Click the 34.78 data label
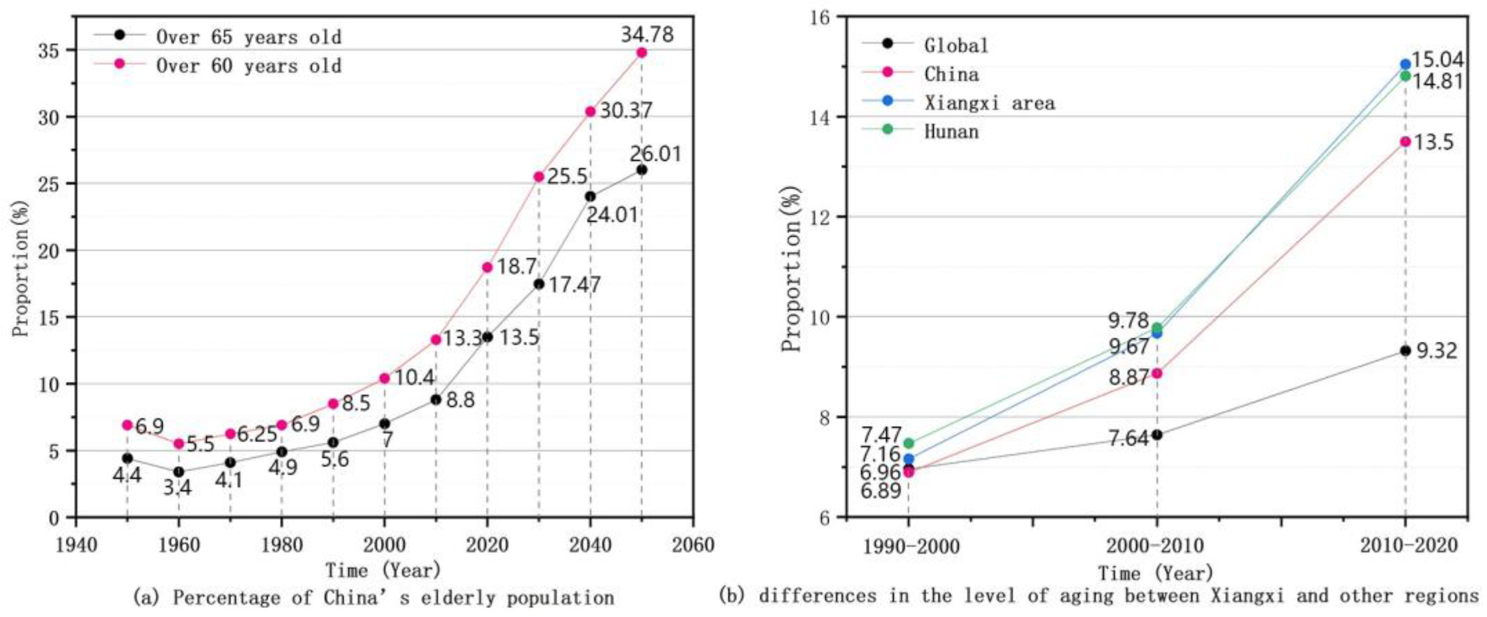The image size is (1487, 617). click(646, 34)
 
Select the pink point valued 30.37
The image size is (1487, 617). click(590, 111)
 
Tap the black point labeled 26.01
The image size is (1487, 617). click(641, 170)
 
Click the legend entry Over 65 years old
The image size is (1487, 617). click(249, 37)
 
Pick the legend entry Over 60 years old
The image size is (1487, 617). click(249, 66)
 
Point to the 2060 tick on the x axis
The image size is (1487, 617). click(693, 544)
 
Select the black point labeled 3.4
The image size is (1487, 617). click(178, 472)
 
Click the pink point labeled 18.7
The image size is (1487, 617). click(487, 267)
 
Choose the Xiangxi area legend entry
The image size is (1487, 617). click(989, 103)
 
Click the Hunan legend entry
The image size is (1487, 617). click(951, 132)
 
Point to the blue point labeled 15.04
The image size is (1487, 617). click(1405, 64)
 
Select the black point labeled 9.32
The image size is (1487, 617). click(1405, 350)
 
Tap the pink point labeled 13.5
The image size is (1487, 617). click(1405, 141)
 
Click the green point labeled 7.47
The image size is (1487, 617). click(909, 443)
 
